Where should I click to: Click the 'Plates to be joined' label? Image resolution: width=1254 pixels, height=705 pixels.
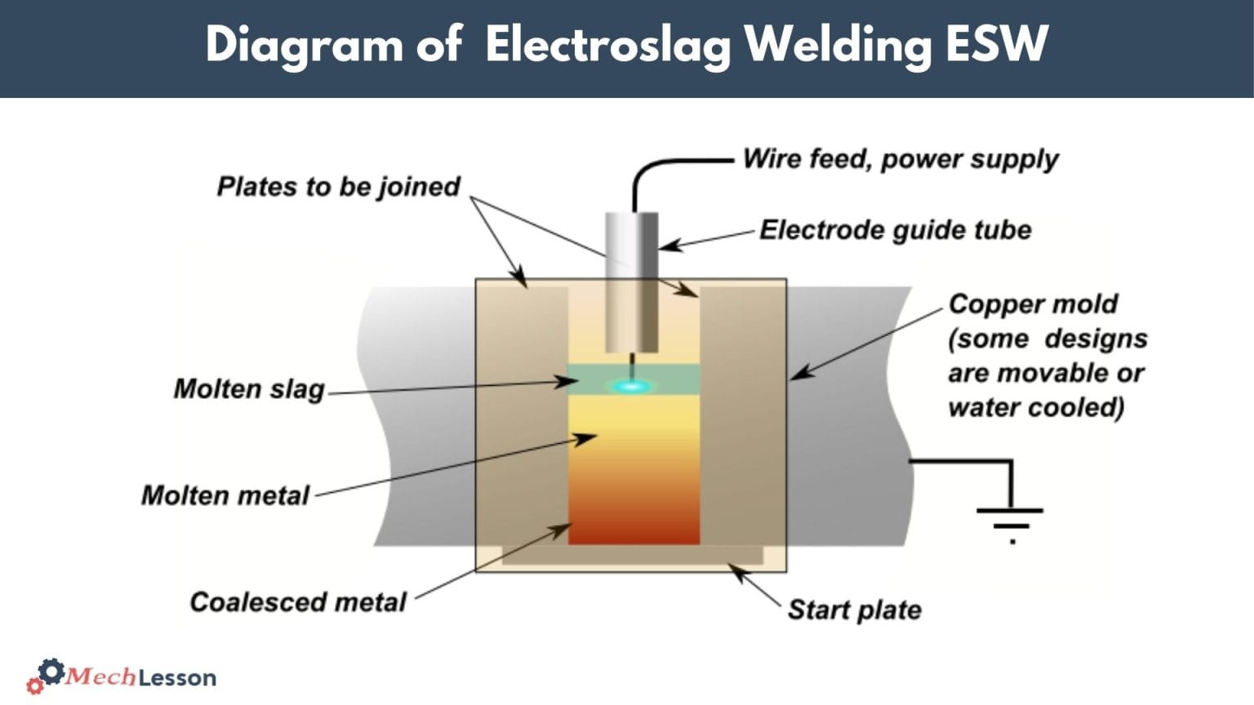tap(338, 187)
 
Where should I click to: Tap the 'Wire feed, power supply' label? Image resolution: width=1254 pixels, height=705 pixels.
tap(900, 158)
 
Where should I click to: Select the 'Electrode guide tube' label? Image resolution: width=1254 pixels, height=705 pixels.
tap(895, 230)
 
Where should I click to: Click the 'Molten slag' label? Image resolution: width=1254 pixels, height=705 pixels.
tap(249, 389)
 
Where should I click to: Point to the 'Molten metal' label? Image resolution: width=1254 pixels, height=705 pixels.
tap(225, 495)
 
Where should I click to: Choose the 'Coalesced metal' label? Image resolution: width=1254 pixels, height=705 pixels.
tap(297, 602)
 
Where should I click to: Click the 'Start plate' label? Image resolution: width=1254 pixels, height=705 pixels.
tap(854, 610)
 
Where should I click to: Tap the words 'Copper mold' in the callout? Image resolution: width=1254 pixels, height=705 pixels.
tap(1033, 304)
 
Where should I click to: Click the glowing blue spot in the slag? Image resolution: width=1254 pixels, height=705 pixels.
tap(629, 386)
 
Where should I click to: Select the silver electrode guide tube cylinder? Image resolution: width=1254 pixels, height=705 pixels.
tap(631, 282)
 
